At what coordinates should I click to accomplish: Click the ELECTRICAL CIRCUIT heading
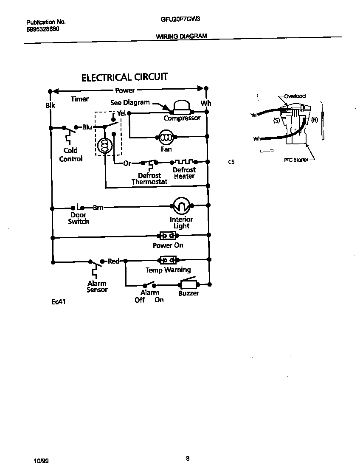click(x=124, y=77)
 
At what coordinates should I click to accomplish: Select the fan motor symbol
click(x=166, y=137)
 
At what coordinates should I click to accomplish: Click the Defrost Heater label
click(x=184, y=173)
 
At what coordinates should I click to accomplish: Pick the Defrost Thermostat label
click(x=149, y=178)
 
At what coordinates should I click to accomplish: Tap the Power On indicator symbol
click(x=167, y=235)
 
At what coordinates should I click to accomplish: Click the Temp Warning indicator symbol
click(x=167, y=260)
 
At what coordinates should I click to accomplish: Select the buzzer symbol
click(x=188, y=284)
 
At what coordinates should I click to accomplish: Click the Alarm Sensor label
click(x=97, y=287)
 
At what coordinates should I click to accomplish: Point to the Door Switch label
click(x=79, y=218)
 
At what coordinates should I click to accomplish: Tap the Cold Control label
click(x=70, y=155)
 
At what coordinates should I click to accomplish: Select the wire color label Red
click(x=113, y=261)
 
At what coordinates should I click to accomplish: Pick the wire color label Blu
click(x=87, y=127)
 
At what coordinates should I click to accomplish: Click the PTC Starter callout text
click(x=296, y=160)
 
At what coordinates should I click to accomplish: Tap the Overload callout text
click(x=295, y=96)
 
